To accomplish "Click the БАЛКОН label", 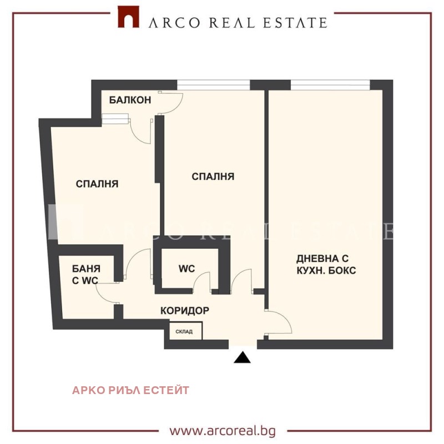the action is (130, 100).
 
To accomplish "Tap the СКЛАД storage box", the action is (186, 331).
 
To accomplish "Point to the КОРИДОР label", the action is (185, 311).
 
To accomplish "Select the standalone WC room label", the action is (186, 269).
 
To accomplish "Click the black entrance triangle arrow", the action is (242, 357).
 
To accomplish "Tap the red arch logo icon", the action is (128, 17).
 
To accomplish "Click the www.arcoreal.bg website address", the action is (223, 431).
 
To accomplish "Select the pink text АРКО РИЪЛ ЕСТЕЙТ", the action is (130, 390).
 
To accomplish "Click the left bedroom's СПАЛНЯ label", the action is (97, 184).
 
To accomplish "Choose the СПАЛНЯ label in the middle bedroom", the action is (213, 176).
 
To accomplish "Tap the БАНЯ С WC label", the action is (86, 274).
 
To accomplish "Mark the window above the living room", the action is (330, 85).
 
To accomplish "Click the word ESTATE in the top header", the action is (295, 23).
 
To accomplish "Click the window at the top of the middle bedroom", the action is (214, 85).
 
